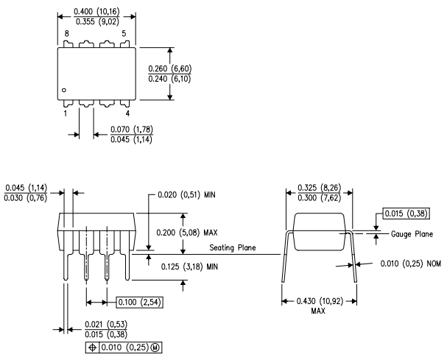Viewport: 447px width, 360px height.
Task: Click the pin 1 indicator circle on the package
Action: (65, 91)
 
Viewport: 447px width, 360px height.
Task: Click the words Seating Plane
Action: (233, 247)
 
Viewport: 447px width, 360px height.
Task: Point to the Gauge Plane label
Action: (410, 234)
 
